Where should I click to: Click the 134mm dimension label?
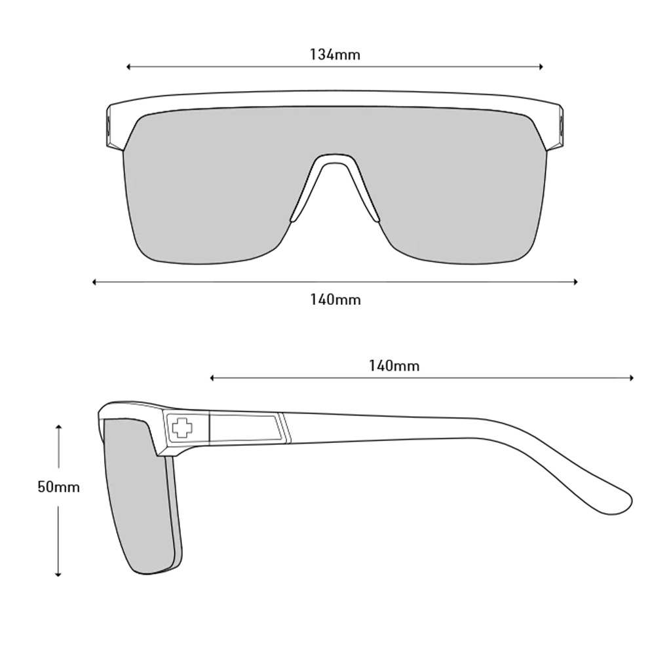pos(335,55)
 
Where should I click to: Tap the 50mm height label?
pos(58,487)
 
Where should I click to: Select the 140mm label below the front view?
pos(335,299)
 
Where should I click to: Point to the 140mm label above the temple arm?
pos(394,366)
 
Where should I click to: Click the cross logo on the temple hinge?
pos(182,427)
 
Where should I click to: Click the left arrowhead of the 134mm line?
pos(128,67)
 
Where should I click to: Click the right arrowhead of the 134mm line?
pos(541,67)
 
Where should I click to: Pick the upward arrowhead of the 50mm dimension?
pos(58,427)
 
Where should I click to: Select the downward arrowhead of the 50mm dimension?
pos(58,574)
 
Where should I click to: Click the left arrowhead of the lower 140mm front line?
pos(94,282)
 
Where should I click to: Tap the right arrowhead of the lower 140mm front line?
pos(575,282)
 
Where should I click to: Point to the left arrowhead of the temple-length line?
pos(212,378)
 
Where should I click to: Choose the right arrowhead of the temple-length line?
pos(631,378)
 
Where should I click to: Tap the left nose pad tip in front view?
pos(294,219)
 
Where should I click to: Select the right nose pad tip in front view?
pos(376,219)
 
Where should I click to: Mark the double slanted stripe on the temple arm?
pos(284,427)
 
